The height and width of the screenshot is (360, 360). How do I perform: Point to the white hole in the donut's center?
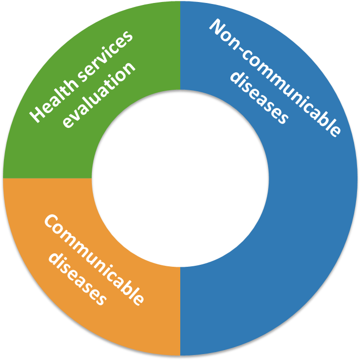tap(180, 179)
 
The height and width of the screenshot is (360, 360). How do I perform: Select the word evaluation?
tap(99, 95)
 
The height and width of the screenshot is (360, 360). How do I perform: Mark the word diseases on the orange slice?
tap(77, 279)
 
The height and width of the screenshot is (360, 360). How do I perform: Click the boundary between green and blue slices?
tap(180, 46)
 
